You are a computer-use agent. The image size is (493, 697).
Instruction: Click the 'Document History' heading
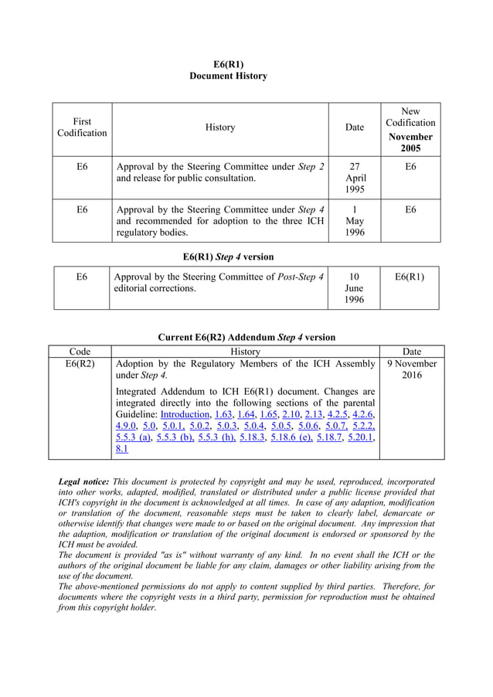(228, 76)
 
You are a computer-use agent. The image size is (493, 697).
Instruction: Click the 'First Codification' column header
(82, 127)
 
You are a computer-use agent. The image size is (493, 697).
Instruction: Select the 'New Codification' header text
(410, 117)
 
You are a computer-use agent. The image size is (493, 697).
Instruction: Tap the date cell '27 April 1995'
(354, 178)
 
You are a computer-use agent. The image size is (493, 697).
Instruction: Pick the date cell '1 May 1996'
(354, 220)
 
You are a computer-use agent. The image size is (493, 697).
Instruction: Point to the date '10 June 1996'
(354, 287)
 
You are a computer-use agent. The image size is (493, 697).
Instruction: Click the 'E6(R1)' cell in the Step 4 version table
(410, 276)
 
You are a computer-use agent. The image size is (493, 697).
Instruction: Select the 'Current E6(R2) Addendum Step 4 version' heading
(246, 337)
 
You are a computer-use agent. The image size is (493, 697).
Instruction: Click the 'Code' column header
(80, 351)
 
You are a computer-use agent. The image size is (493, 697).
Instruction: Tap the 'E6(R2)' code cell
(80, 363)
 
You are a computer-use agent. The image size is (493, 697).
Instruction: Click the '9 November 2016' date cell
(412, 369)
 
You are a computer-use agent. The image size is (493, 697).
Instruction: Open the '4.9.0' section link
(126, 426)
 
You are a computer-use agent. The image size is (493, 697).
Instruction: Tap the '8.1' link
(121, 449)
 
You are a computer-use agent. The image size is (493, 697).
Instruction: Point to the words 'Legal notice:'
(83, 481)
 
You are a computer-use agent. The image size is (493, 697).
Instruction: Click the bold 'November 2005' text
(410, 142)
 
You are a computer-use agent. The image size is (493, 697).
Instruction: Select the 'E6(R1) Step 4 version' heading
(228, 256)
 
